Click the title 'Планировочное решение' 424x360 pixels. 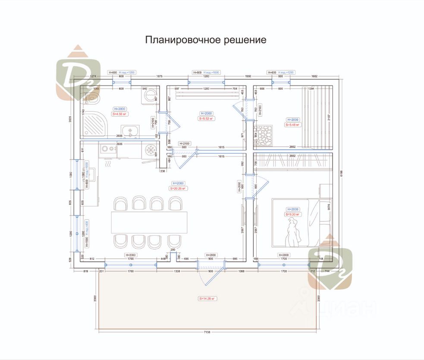tap(205, 40)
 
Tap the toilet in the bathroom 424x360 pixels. tap(91, 98)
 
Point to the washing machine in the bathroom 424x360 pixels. tap(149, 98)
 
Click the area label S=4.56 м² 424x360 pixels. tap(121, 114)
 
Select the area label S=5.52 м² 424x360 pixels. tap(207, 118)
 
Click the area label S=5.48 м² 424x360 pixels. tap(292, 125)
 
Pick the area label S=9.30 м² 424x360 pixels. tap(292, 214)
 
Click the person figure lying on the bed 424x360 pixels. tap(293, 231)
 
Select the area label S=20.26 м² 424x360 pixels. tap(178, 189)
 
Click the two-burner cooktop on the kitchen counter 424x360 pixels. tap(107, 149)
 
